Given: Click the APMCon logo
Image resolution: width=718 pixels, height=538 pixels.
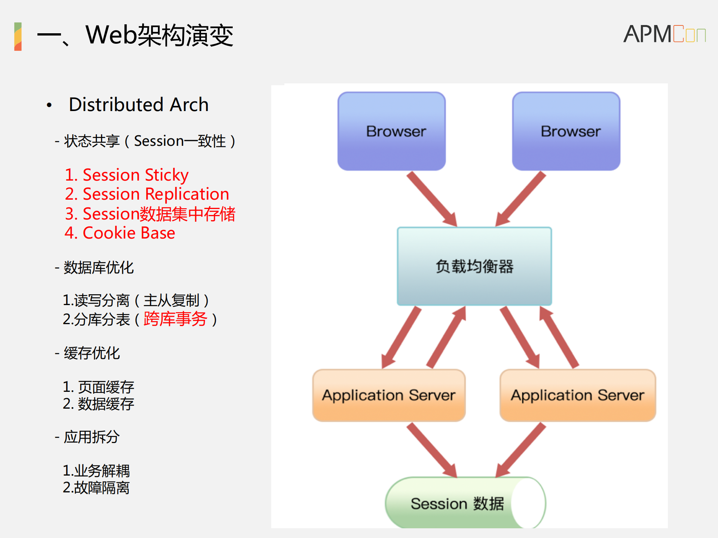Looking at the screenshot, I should [664, 34].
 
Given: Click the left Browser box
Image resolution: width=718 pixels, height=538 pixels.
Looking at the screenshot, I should [391, 131].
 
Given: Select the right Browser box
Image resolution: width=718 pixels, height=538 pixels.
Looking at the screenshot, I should [566, 131].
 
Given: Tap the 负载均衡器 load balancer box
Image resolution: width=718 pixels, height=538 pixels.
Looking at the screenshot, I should [474, 266].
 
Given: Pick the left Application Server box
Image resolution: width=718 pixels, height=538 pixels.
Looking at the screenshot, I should [389, 395].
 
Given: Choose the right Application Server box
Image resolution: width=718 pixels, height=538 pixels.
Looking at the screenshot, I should [577, 395].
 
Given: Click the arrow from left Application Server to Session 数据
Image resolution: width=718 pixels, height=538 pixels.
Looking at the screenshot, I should [432, 450].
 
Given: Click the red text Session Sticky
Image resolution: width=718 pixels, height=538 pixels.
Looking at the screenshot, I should [126, 175].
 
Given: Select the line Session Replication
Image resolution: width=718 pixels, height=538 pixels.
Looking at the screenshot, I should [147, 194].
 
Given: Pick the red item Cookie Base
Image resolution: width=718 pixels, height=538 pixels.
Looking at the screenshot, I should [120, 233].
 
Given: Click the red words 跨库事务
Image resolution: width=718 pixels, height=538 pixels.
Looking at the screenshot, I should [175, 319].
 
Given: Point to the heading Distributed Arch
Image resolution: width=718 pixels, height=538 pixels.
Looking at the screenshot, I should [138, 105].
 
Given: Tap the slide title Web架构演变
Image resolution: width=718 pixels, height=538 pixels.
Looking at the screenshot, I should [159, 36].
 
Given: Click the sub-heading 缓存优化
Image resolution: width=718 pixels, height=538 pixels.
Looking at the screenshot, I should [91, 353].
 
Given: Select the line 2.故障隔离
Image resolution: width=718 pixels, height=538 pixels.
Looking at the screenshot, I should [96, 488].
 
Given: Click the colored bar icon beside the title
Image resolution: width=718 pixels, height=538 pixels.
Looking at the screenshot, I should [18, 36].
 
